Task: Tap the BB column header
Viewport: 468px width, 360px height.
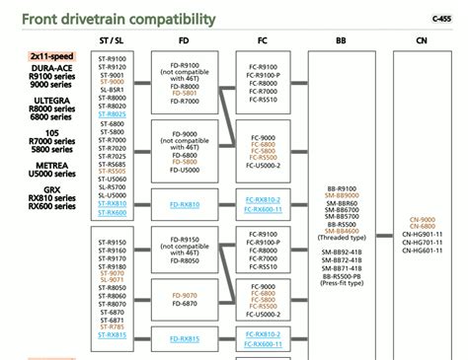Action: (341, 40)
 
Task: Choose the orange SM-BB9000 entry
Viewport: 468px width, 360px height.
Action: (341, 196)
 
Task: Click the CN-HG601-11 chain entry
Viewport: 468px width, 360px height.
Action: (426, 250)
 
